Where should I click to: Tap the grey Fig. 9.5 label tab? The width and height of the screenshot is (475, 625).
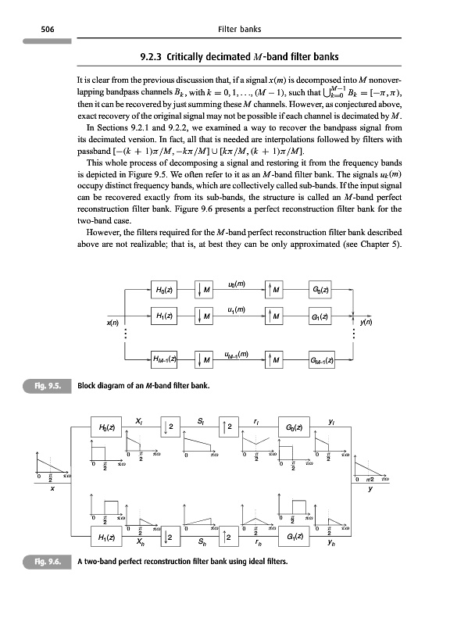54,384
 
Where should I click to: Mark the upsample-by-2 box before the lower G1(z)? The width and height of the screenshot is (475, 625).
225,537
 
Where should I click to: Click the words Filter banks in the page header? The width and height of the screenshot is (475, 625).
237,30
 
